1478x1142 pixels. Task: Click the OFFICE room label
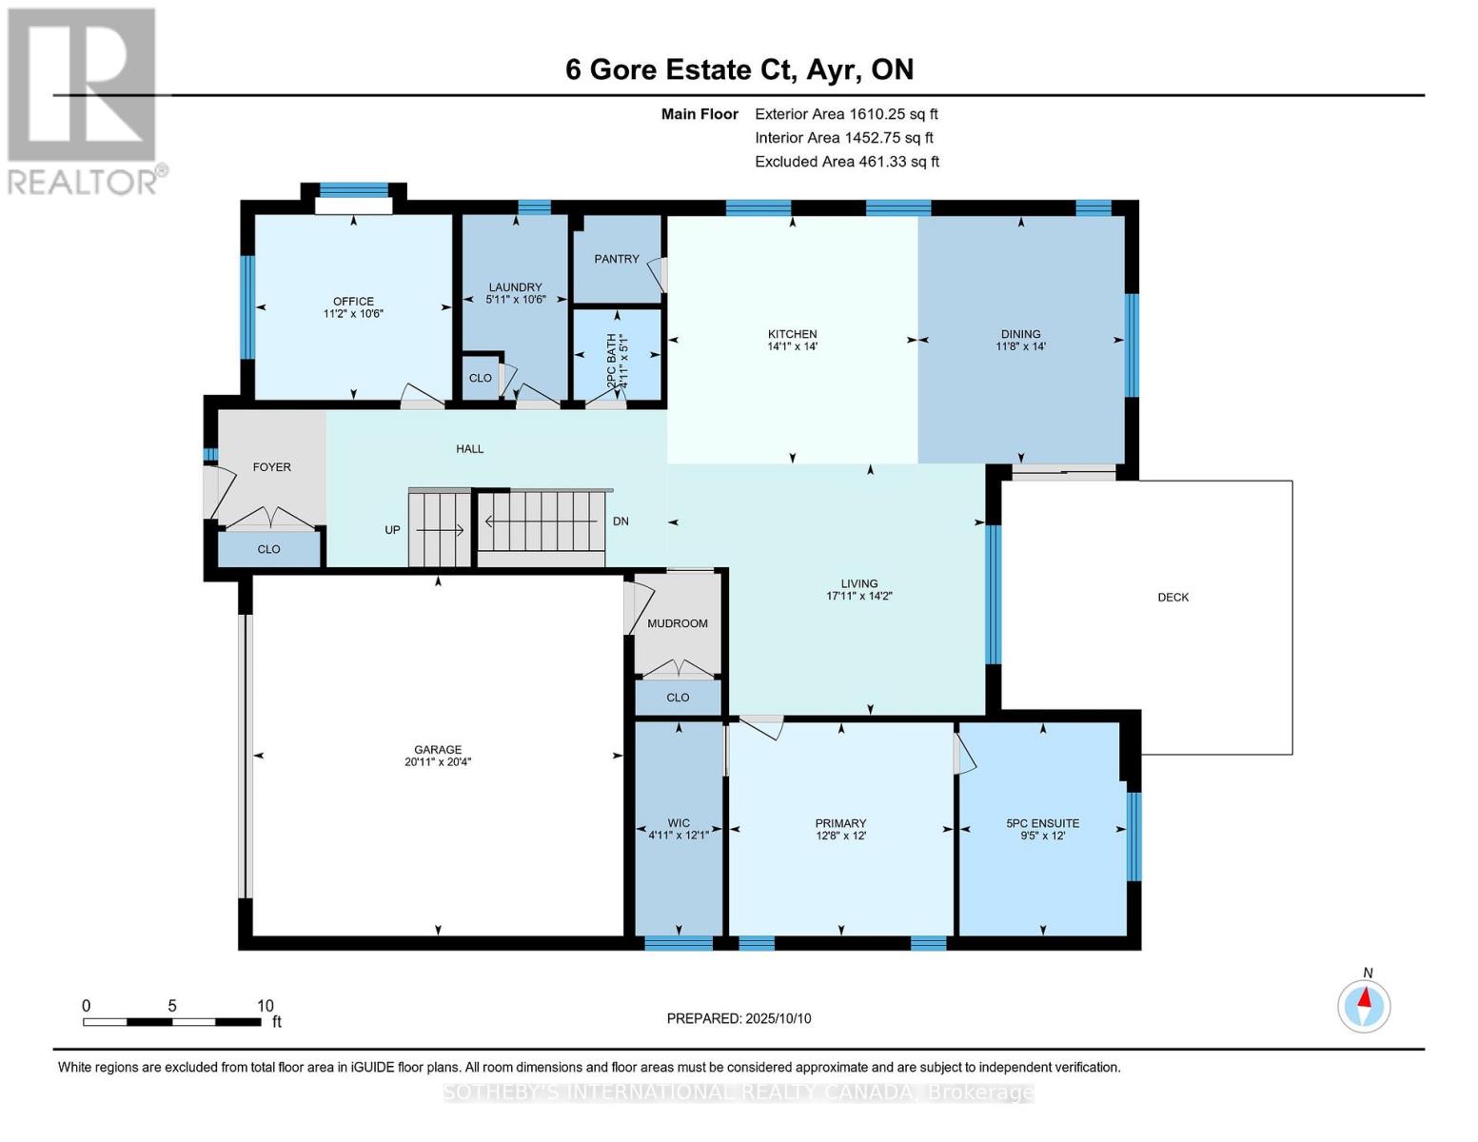353,301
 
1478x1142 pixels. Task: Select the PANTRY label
617,259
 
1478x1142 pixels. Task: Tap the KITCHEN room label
792,334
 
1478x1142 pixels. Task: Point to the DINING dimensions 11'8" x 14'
1020,346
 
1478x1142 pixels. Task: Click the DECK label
1173,598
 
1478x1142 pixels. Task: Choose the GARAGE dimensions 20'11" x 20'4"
438,761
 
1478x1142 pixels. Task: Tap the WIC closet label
679,823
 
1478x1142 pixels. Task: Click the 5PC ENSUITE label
1042,823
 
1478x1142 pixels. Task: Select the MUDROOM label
678,623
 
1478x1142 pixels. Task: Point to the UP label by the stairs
392,530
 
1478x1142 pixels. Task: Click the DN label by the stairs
621,522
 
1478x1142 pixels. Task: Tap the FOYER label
271,467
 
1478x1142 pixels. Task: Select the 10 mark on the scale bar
265,1006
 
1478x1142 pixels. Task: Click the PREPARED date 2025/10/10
739,1018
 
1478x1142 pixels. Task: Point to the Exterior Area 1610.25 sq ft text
846,114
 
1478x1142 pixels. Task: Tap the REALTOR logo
84,100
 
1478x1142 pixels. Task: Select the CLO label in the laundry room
481,378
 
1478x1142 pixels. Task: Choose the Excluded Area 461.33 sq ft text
846,162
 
